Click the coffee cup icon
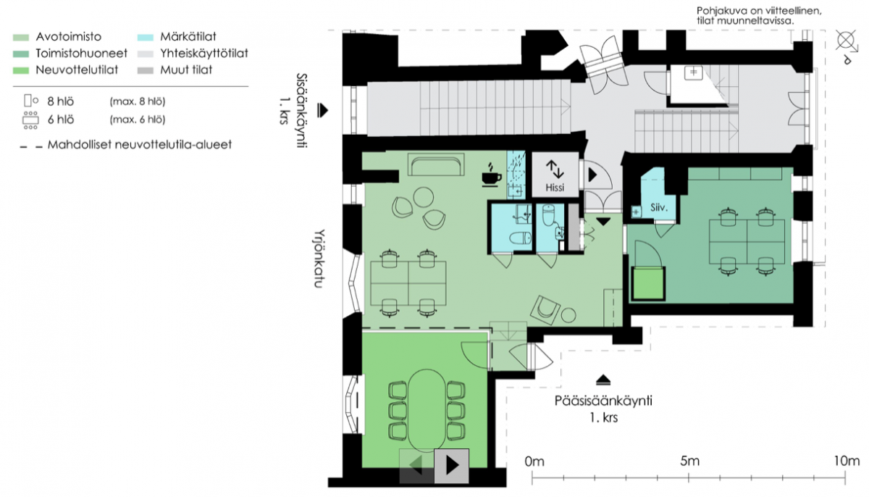[x=492, y=175]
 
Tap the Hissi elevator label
[x=555, y=188]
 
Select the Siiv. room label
[x=659, y=208]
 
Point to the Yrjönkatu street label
[x=319, y=259]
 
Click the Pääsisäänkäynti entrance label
[x=603, y=401]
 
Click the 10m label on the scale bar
[x=847, y=461]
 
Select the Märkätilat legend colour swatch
[x=146, y=38]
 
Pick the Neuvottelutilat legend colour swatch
[x=21, y=70]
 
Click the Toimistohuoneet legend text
[x=81, y=53]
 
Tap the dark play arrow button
[x=452, y=466]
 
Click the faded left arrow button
[x=416, y=466]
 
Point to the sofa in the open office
[x=436, y=164]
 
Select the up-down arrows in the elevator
[x=555, y=169]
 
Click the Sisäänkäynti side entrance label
[x=294, y=110]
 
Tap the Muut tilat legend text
[x=186, y=70]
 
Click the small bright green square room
[x=648, y=283]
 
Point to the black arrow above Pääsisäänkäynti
[x=603, y=380]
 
